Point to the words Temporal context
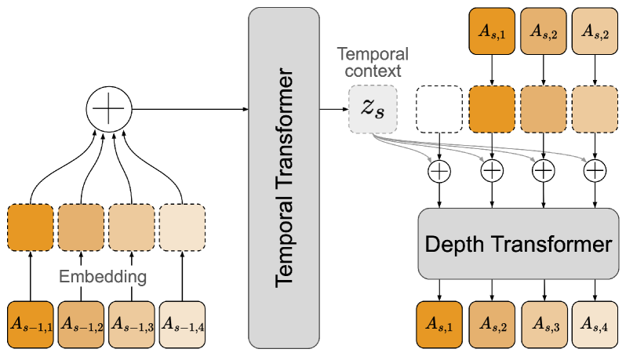[373, 62]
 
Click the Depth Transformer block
[517, 243]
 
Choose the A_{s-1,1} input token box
[31, 325]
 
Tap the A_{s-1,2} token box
[81, 325]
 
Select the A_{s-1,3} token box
[132, 325]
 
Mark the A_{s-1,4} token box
[182, 325]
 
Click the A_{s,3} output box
[544, 324]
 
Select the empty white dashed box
[440, 108]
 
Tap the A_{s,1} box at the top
[492, 32]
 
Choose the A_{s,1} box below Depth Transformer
[440, 324]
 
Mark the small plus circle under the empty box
[440, 169]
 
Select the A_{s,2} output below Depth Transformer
[492, 324]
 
